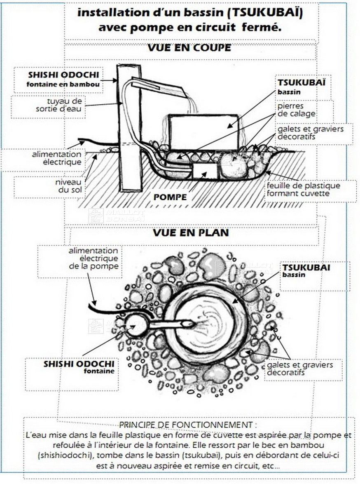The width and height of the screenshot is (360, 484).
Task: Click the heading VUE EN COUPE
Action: (189, 48)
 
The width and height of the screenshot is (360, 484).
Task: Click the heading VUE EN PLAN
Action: (191, 233)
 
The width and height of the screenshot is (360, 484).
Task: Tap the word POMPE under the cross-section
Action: (170, 197)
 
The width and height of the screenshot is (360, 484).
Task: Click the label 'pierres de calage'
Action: (296, 110)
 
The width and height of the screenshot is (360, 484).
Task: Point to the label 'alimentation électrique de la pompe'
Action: (94, 258)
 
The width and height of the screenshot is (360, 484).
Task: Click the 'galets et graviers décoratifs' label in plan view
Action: (299, 368)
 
